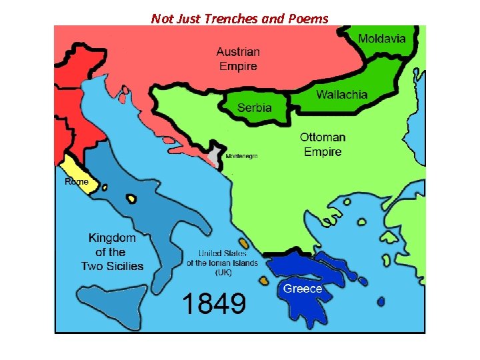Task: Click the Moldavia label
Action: click(x=381, y=38)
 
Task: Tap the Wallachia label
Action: click(x=341, y=95)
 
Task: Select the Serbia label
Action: click(x=255, y=107)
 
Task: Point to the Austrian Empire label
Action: click(x=238, y=59)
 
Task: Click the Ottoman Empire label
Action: click(x=323, y=144)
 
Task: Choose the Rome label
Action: click(x=76, y=181)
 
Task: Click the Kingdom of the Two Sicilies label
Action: click(x=112, y=252)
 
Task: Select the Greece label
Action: click(x=303, y=289)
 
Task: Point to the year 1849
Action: click(x=215, y=303)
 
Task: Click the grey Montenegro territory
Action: click(x=215, y=157)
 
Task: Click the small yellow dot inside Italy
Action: click(x=132, y=199)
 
